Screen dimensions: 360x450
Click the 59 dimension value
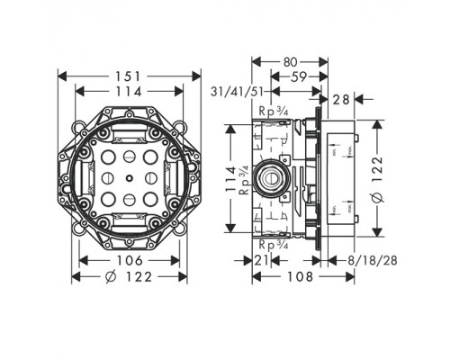click(x=296, y=77)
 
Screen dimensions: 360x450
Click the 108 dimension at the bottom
click(x=287, y=278)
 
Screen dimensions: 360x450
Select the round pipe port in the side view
click(x=269, y=177)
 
